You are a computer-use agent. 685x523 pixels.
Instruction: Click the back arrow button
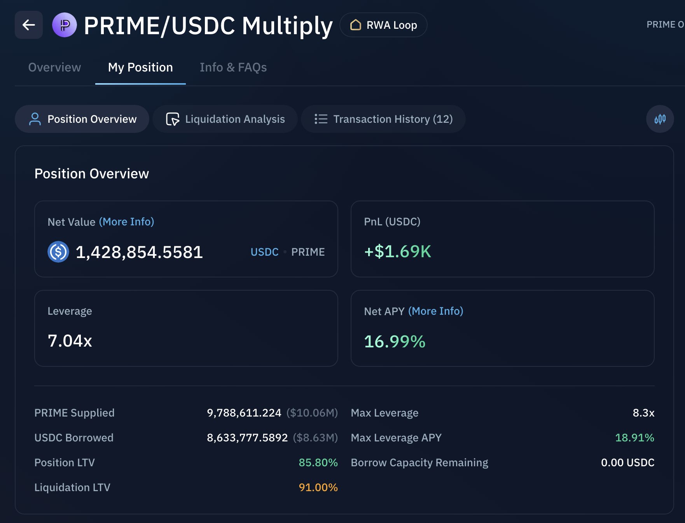(29, 25)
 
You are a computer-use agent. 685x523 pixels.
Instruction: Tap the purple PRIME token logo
(65, 25)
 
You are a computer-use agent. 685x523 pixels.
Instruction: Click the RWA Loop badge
(383, 25)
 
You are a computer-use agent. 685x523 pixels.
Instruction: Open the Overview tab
(54, 67)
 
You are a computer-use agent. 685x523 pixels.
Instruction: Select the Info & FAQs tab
(233, 67)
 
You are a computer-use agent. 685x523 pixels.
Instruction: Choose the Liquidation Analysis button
(225, 119)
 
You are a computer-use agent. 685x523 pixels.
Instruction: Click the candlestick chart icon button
(660, 119)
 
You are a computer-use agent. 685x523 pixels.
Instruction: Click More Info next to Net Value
(126, 221)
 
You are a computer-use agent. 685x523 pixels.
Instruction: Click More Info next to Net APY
(435, 311)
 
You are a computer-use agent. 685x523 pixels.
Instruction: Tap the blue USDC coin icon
(58, 252)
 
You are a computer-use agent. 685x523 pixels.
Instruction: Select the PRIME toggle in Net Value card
(308, 252)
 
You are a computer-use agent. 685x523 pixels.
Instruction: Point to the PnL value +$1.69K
(397, 251)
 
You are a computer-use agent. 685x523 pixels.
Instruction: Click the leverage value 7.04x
(70, 341)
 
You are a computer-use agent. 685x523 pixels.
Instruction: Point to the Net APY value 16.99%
(395, 342)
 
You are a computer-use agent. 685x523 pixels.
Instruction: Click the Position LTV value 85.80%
(318, 462)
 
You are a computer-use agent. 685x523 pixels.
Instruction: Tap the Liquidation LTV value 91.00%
(318, 487)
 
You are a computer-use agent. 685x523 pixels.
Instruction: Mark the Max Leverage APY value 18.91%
(634, 438)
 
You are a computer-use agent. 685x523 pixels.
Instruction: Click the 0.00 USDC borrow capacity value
(627, 462)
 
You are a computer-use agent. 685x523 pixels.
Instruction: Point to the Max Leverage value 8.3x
(643, 413)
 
